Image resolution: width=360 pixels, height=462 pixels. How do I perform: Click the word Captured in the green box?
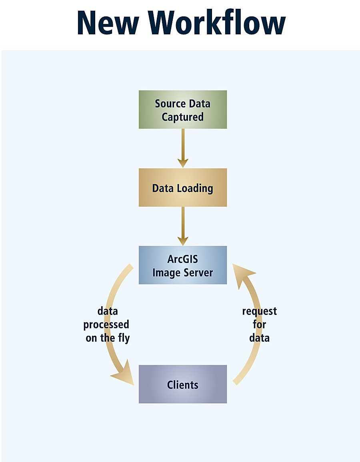coord(183,117)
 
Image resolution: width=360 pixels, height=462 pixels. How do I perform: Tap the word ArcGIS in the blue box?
coord(183,259)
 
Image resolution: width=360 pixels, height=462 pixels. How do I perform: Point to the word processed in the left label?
coord(106,325)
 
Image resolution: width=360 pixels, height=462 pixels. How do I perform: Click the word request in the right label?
coord(260,311)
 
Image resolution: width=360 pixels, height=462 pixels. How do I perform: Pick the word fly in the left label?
coord(123,338)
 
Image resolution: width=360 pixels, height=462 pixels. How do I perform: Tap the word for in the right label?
coord(260,325)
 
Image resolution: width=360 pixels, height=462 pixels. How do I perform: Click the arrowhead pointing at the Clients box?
coord(124,374)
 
